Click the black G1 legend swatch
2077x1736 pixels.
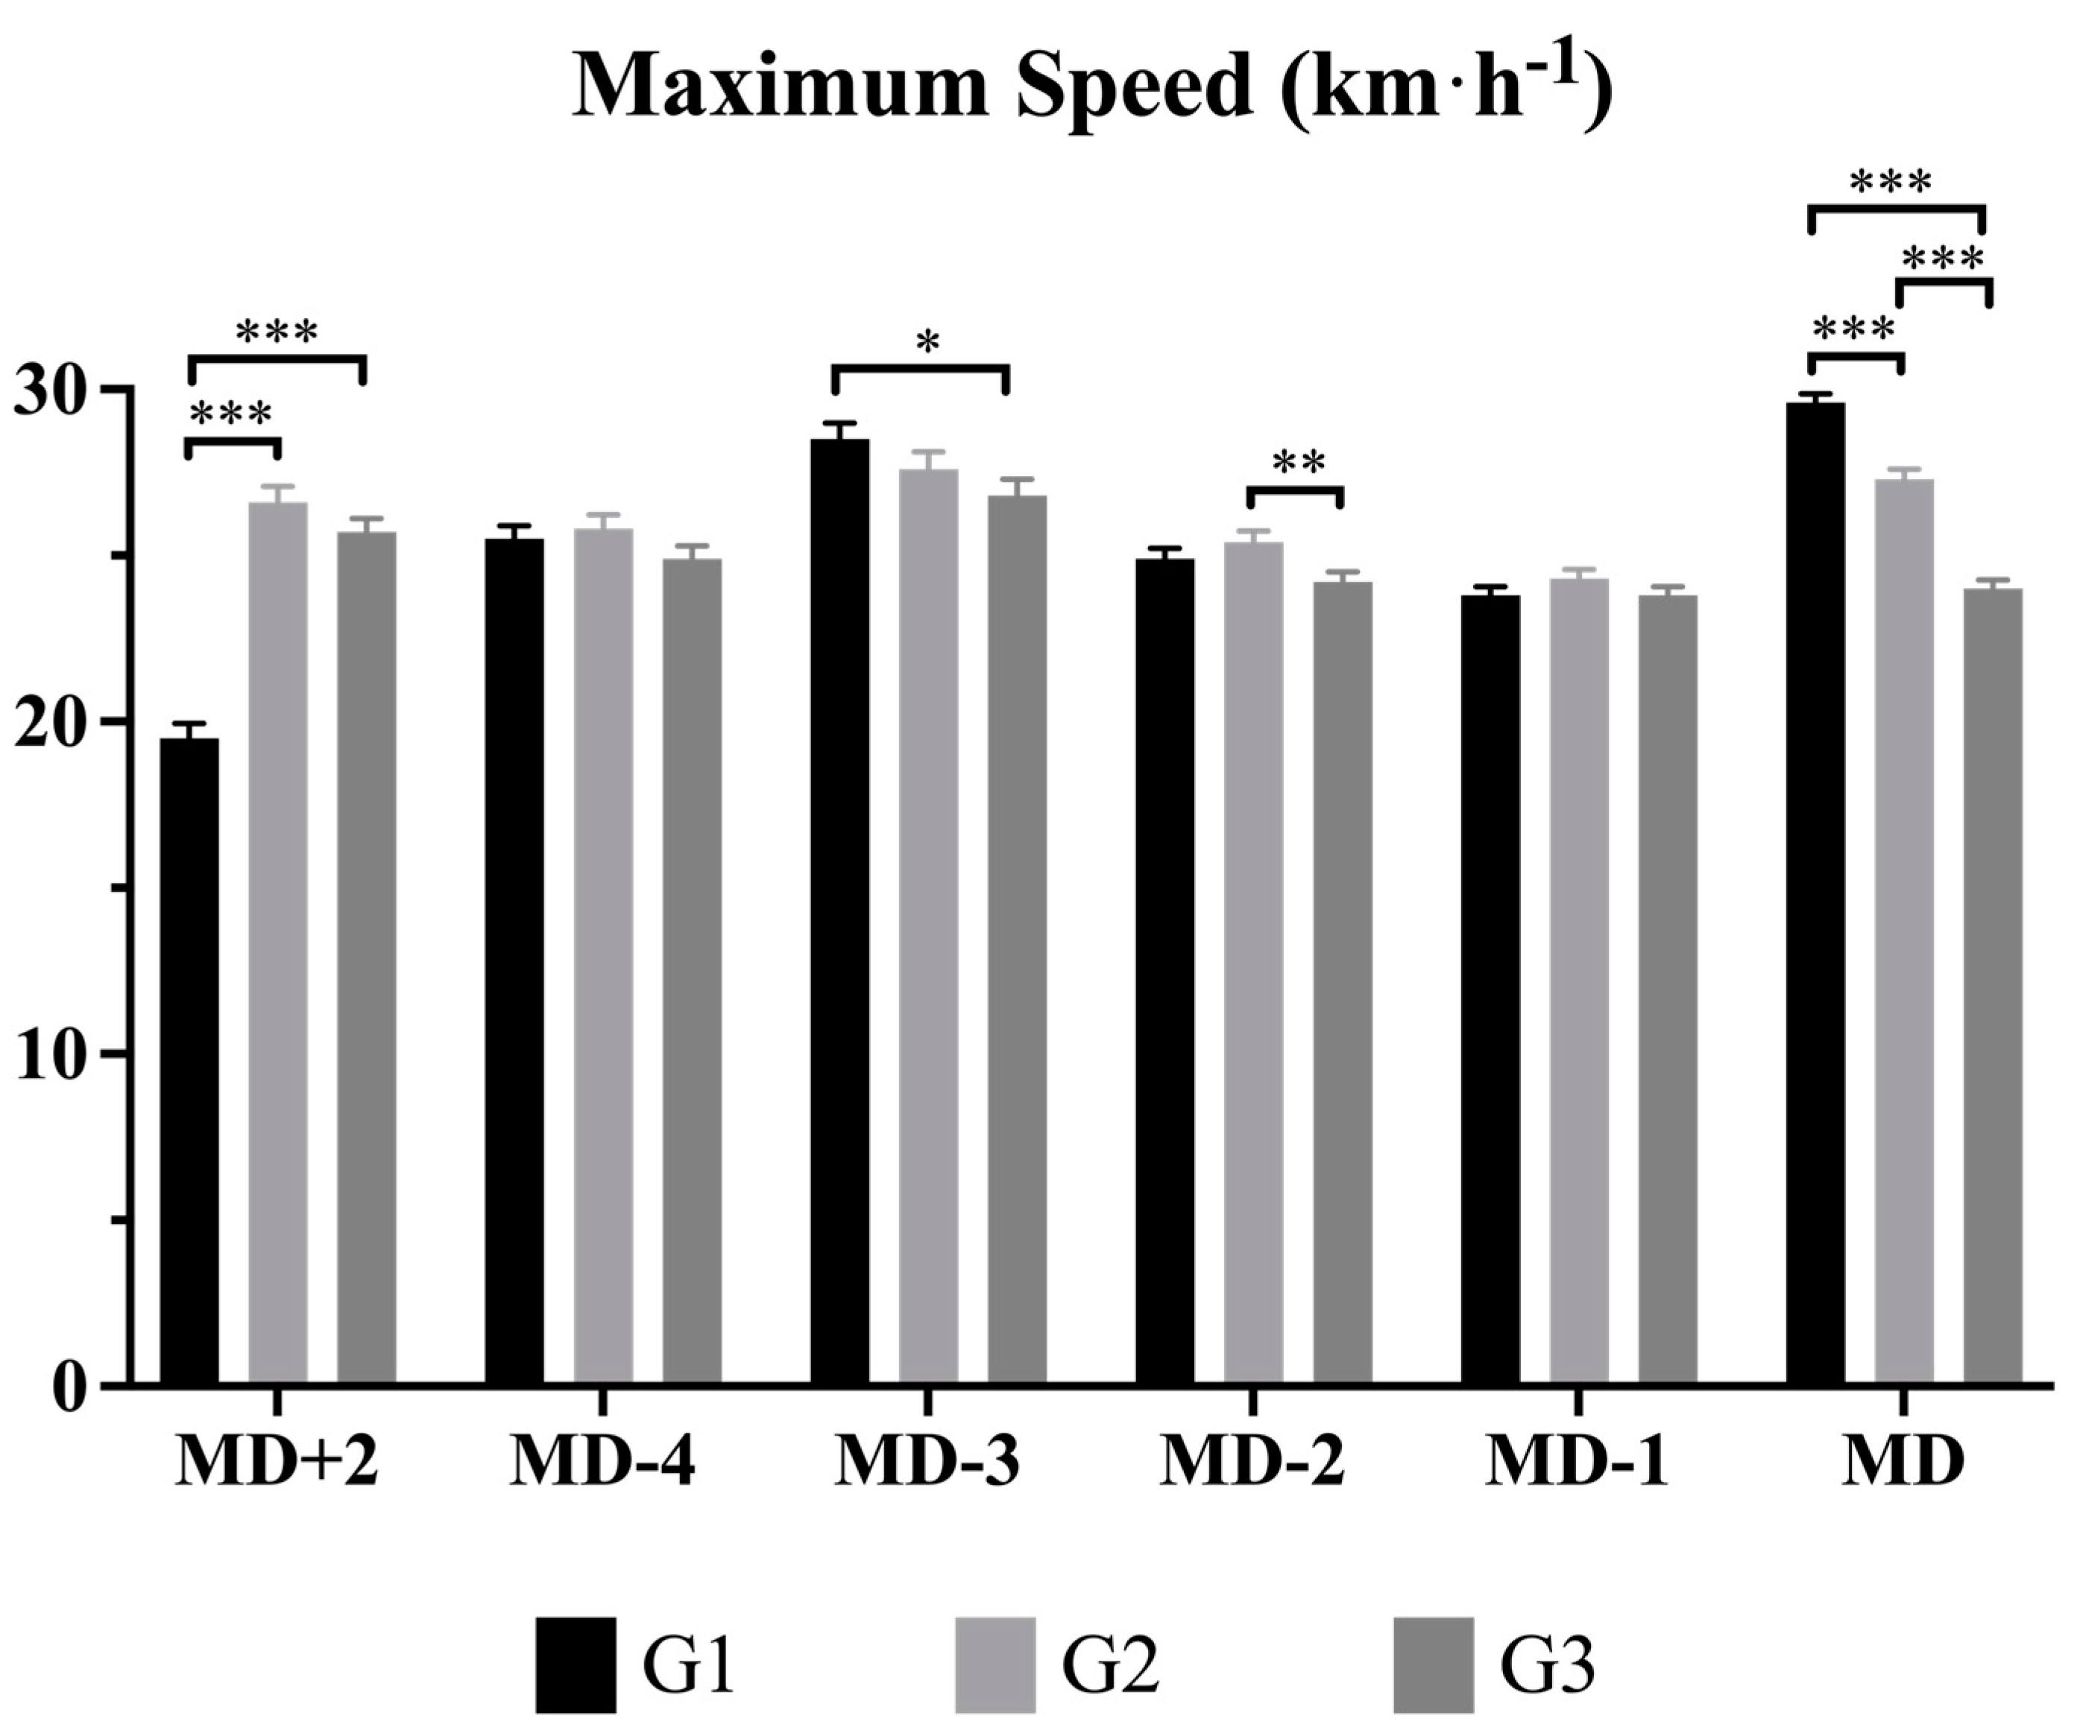point(576,1666)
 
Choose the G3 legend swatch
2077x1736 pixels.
point(1433,1666)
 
